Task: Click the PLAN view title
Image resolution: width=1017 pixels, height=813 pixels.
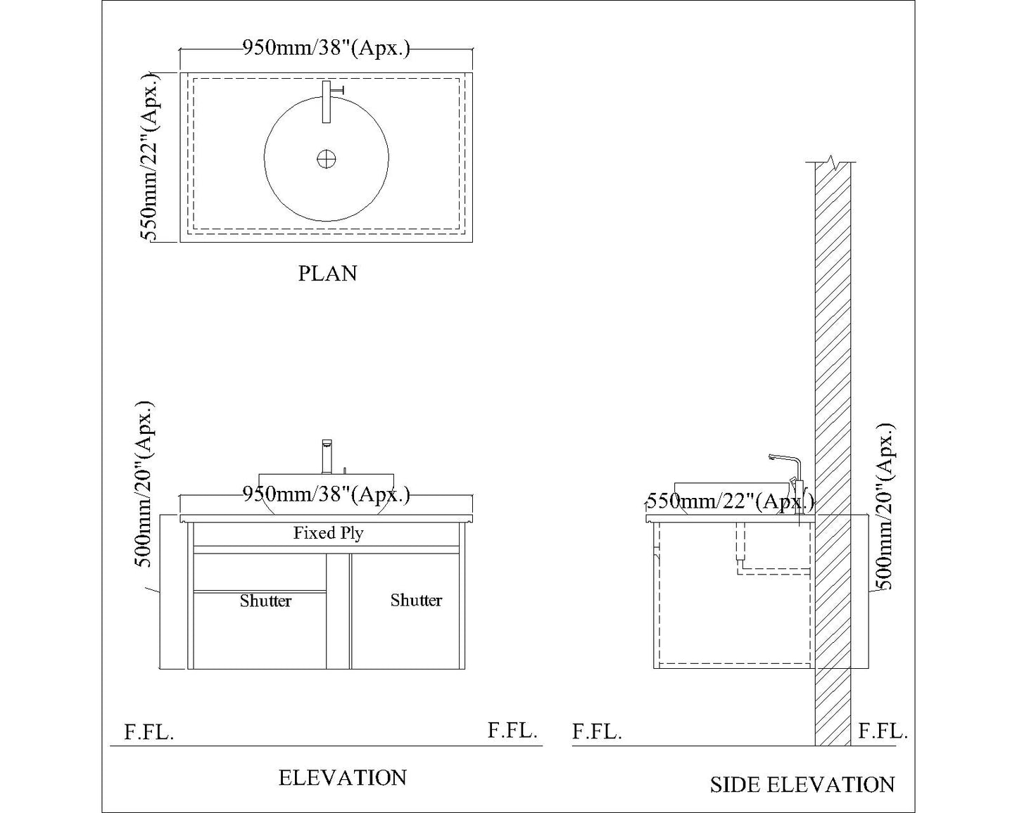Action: [x=327, y=273]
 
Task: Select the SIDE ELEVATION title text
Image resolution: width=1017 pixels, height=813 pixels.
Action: [x=802, y=785]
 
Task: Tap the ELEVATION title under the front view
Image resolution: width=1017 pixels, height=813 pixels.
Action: [x=343, y=778]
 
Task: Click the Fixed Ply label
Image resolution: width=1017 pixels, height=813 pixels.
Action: [x=328, y=533]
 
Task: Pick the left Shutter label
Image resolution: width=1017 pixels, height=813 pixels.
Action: [x=265, y=601]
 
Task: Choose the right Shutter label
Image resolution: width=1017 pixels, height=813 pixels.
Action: [x=416, y=600]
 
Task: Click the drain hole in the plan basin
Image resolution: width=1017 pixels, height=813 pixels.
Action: [x=326, y=160]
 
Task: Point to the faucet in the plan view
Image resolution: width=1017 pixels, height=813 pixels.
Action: [x=327, y=101]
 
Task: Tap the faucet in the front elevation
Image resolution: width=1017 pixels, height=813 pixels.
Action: [x=327, y=456]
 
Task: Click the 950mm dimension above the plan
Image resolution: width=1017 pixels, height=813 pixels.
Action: [x=326, y=49]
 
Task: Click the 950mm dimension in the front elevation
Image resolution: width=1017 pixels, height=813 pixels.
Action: [x=326, y=494]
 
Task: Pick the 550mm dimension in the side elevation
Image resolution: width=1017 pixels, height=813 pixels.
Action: [x=730, y=501]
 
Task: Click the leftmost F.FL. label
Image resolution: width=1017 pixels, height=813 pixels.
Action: [x=149, y=732]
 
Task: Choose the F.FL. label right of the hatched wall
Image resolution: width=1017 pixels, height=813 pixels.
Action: [x=883, y=731]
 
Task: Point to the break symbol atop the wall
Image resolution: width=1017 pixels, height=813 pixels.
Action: [x=833, y=162]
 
